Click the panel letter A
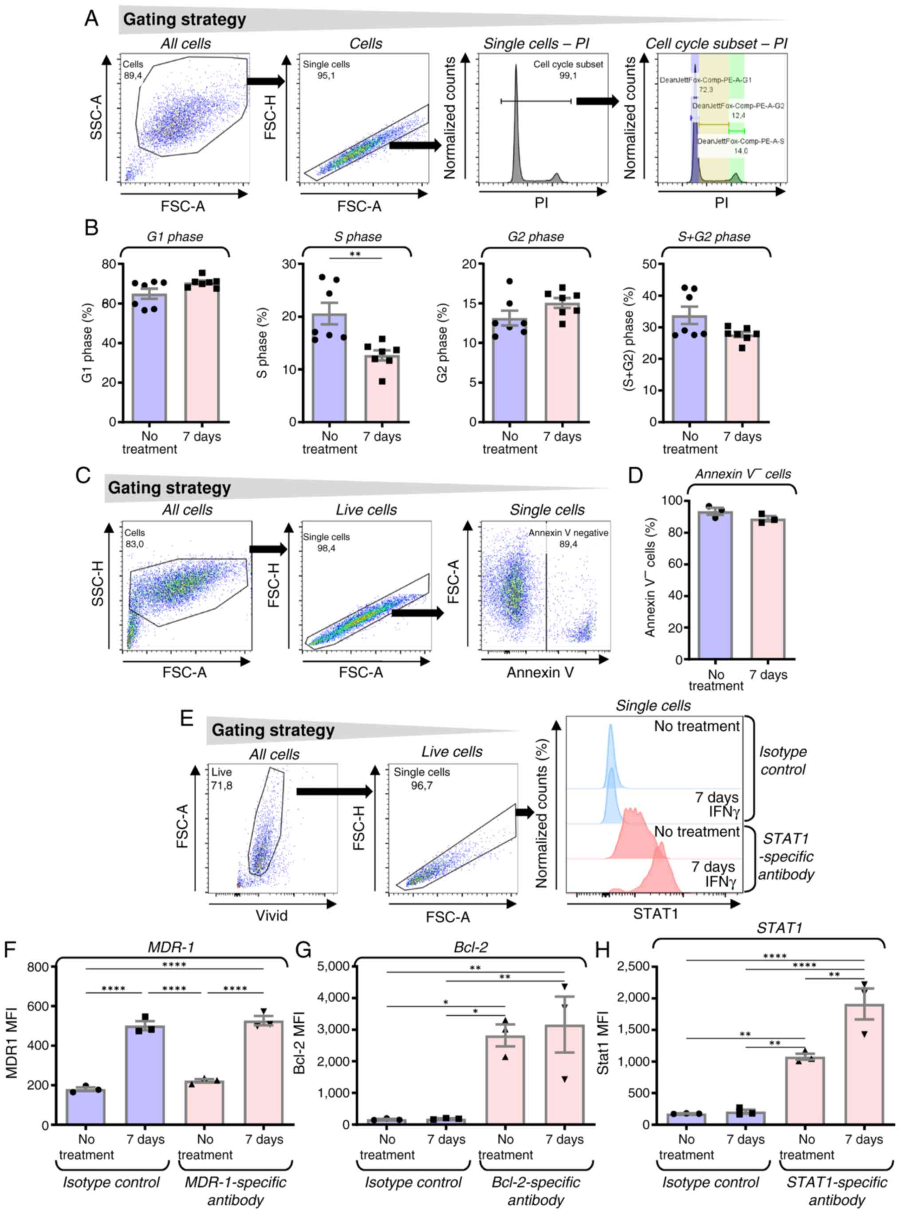[92, 19]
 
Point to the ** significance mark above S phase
[355, 254]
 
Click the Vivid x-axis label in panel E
[271, 915]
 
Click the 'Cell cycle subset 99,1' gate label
[568, 70]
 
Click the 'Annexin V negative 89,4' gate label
[568, 538]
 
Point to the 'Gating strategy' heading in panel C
[169, 488]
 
